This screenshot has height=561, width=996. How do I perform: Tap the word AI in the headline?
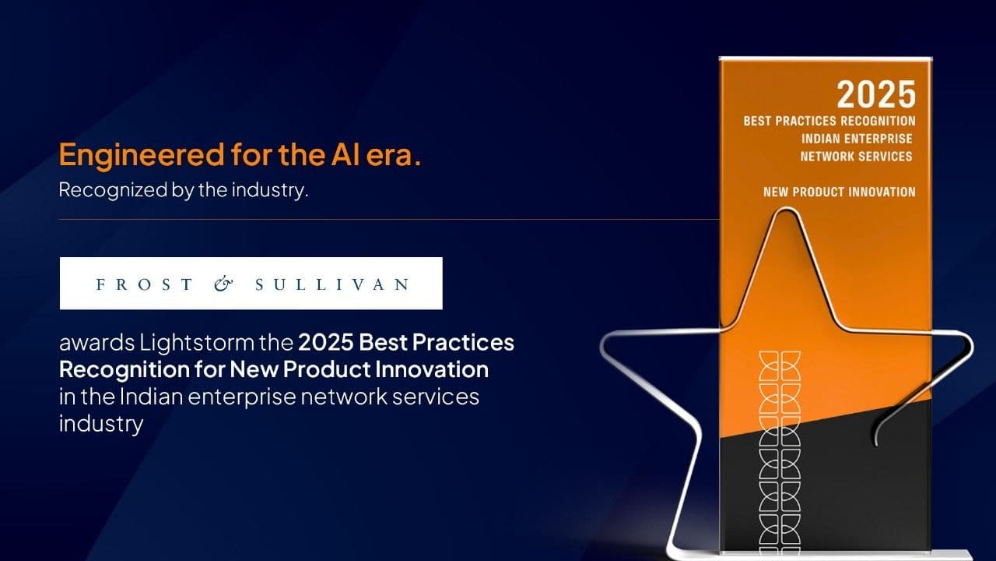pos(345,154)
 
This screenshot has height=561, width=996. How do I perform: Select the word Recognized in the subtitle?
pos(113,190)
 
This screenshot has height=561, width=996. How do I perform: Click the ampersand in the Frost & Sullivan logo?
pos(223,284)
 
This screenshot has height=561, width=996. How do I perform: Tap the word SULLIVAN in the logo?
pos(332,284)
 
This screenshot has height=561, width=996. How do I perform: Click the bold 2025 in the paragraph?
pos(325,342)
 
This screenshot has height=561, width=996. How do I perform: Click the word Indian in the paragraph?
pos(151,397)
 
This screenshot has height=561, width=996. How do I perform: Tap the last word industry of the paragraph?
pos(101,424)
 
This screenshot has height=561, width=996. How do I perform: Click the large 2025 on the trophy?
pos(876,94)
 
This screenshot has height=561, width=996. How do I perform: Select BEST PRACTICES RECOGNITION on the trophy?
pos(829,121)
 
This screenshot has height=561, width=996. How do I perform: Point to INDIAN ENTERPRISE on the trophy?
pos(857,139)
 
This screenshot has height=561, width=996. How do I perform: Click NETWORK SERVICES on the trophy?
pos(857,157)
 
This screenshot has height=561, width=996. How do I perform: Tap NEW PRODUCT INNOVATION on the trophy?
pos(840,192)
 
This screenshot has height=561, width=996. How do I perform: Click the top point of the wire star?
pos(786,209)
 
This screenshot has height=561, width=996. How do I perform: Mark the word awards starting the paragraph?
pos(97,343)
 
